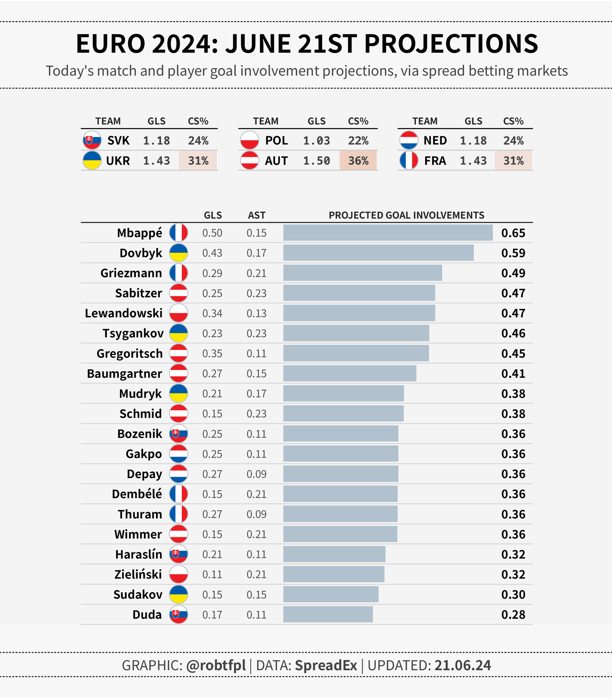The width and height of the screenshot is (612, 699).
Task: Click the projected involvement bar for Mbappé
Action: tap(388, 232)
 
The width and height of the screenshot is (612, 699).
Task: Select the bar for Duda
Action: tap(328, 614)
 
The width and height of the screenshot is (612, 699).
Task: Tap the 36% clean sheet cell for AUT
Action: tap(358, 160)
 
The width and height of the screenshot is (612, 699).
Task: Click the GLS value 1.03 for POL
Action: tap(316, 140)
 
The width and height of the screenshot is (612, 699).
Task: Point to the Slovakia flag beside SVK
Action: tap(92, 140)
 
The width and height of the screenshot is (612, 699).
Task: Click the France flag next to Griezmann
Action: tap(179, 273)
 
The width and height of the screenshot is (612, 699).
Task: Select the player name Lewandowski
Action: tap(124, 313)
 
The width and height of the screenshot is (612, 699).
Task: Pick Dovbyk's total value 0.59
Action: tap(513, 253)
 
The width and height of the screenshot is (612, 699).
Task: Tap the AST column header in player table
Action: tap(256, 215)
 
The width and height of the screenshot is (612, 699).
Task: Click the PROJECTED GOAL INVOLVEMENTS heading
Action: tap(406, 215)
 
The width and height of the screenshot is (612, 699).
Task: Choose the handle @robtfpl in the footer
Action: tap(216, 665)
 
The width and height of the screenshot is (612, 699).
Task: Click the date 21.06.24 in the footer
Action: tap(462, 665)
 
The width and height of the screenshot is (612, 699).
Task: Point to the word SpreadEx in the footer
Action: tap(326, 665)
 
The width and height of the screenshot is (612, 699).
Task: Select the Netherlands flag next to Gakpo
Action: tap(179, 454)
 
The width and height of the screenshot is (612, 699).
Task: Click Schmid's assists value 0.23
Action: tap(256, 414)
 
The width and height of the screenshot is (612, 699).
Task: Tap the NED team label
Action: tap(435, 140)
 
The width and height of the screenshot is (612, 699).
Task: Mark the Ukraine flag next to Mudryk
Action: tap(179, 393)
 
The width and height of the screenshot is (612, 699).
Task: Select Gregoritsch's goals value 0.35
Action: tap(212, 353)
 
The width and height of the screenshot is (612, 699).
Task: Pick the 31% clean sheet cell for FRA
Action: tap(513, 160)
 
